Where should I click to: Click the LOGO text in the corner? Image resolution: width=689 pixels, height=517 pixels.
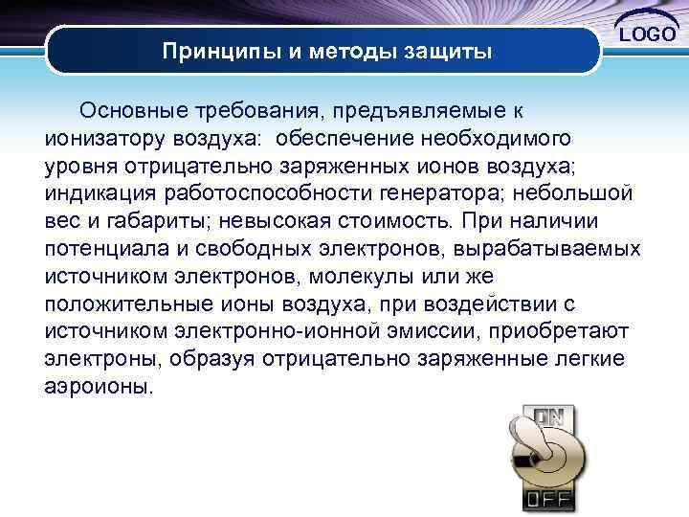click(649, 35)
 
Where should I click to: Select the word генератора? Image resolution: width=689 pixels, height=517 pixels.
click(452, 193)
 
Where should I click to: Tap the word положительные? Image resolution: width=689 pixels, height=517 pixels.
click(130, 304)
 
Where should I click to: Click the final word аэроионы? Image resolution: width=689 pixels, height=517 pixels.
click(98, 389)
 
